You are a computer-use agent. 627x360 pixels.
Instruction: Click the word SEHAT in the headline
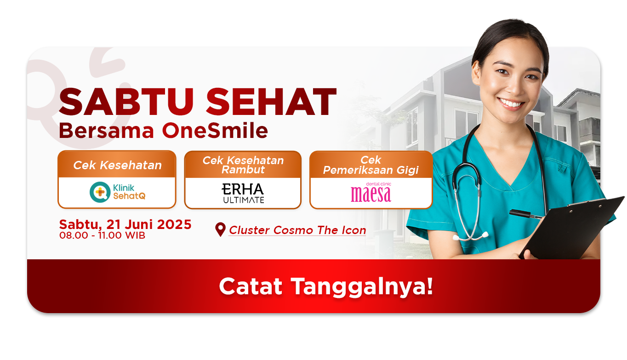pyautogui.click(x=271, y=102)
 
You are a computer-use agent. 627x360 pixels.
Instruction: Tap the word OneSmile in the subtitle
pyautogui.click(x=215, y=131)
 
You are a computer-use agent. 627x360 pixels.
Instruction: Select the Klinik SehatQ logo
pyautogui.click(x=118, y=192)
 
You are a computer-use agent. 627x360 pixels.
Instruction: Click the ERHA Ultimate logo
pyautogui.click(x=243, y=193)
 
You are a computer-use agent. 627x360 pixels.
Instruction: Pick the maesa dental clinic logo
pyautogui.click(x=371, y=192)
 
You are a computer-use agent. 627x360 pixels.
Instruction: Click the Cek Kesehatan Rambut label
pyautogui.click(x=243, y=165)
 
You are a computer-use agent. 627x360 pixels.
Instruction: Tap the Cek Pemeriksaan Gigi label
pyautogui.click(x=370, y=165)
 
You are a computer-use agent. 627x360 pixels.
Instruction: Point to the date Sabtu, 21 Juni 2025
pyautogui.click(x=125, y=224)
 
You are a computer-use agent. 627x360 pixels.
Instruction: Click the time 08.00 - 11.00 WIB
pyautogui.click(x=102, y=235)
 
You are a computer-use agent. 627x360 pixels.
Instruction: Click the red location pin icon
pyautogui.click(x=220, y=229)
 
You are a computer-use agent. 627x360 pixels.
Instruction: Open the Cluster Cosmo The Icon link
pyautogui.click(x=297, y=230)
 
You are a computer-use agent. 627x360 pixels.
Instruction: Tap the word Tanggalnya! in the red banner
pyautogui.click(x=362, y=286)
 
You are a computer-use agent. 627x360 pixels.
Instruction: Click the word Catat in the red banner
pyautogui.click(x=251, y=286)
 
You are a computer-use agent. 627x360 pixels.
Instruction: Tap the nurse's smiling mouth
pyautogui.click(x=511, y=104)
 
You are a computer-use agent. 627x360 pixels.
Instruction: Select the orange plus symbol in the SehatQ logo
pyautogui.click(x=100, y=192)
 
